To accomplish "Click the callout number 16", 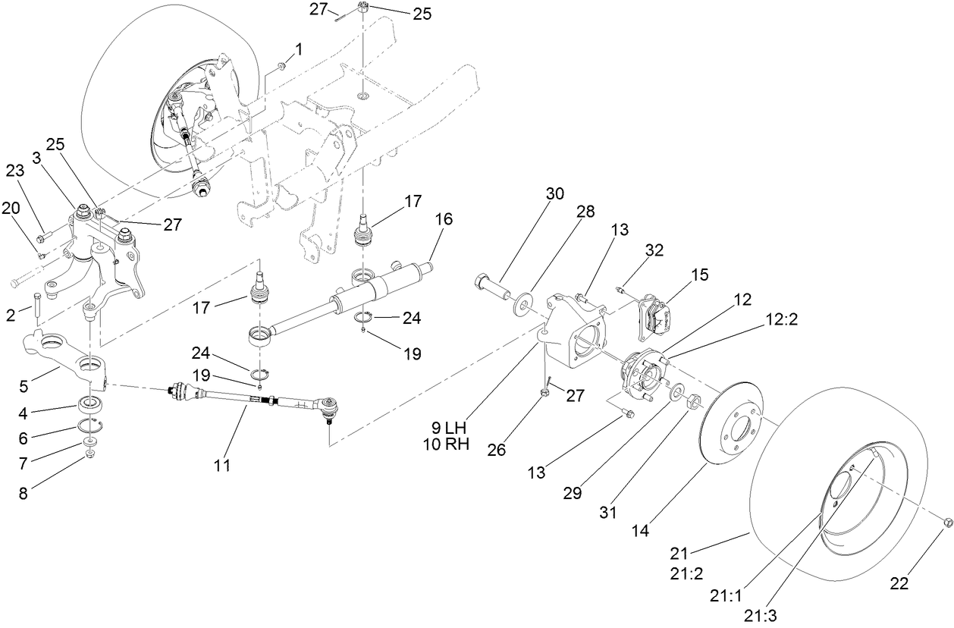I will coord(444,219).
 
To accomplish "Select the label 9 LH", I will coord(447,428).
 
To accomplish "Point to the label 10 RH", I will coord(447,444).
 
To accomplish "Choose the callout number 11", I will coord(221,465).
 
